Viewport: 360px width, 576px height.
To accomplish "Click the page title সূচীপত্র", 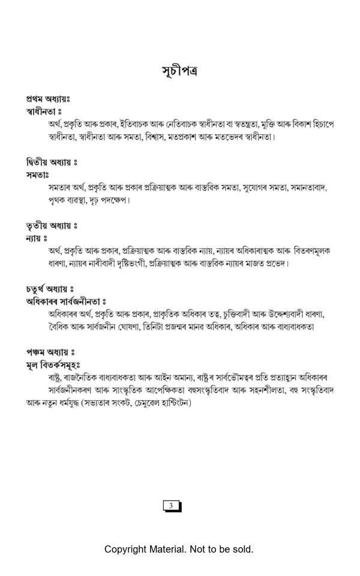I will pos(179,71).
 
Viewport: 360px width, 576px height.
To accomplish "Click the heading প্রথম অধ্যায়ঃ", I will pos(48,98).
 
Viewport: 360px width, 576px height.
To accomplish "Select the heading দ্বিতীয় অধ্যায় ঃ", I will pos(52,162).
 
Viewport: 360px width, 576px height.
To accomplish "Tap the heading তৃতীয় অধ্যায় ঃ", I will pos(52,226).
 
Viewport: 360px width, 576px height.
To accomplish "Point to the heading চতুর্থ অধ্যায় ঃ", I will pos(50,289).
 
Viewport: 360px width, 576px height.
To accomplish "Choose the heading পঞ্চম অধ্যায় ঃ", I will pos(50,352).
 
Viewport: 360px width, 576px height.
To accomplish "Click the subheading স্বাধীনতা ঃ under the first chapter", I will pos(44,112).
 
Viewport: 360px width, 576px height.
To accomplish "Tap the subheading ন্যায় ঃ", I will pos(37,238).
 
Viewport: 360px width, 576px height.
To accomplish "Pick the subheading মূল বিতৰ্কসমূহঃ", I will pos(53,365).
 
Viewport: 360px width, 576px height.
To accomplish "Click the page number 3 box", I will pos(172,506).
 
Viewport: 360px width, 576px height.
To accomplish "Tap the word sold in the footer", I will pos(241,549).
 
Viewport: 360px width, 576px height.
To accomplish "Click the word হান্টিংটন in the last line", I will pos(170,403).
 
